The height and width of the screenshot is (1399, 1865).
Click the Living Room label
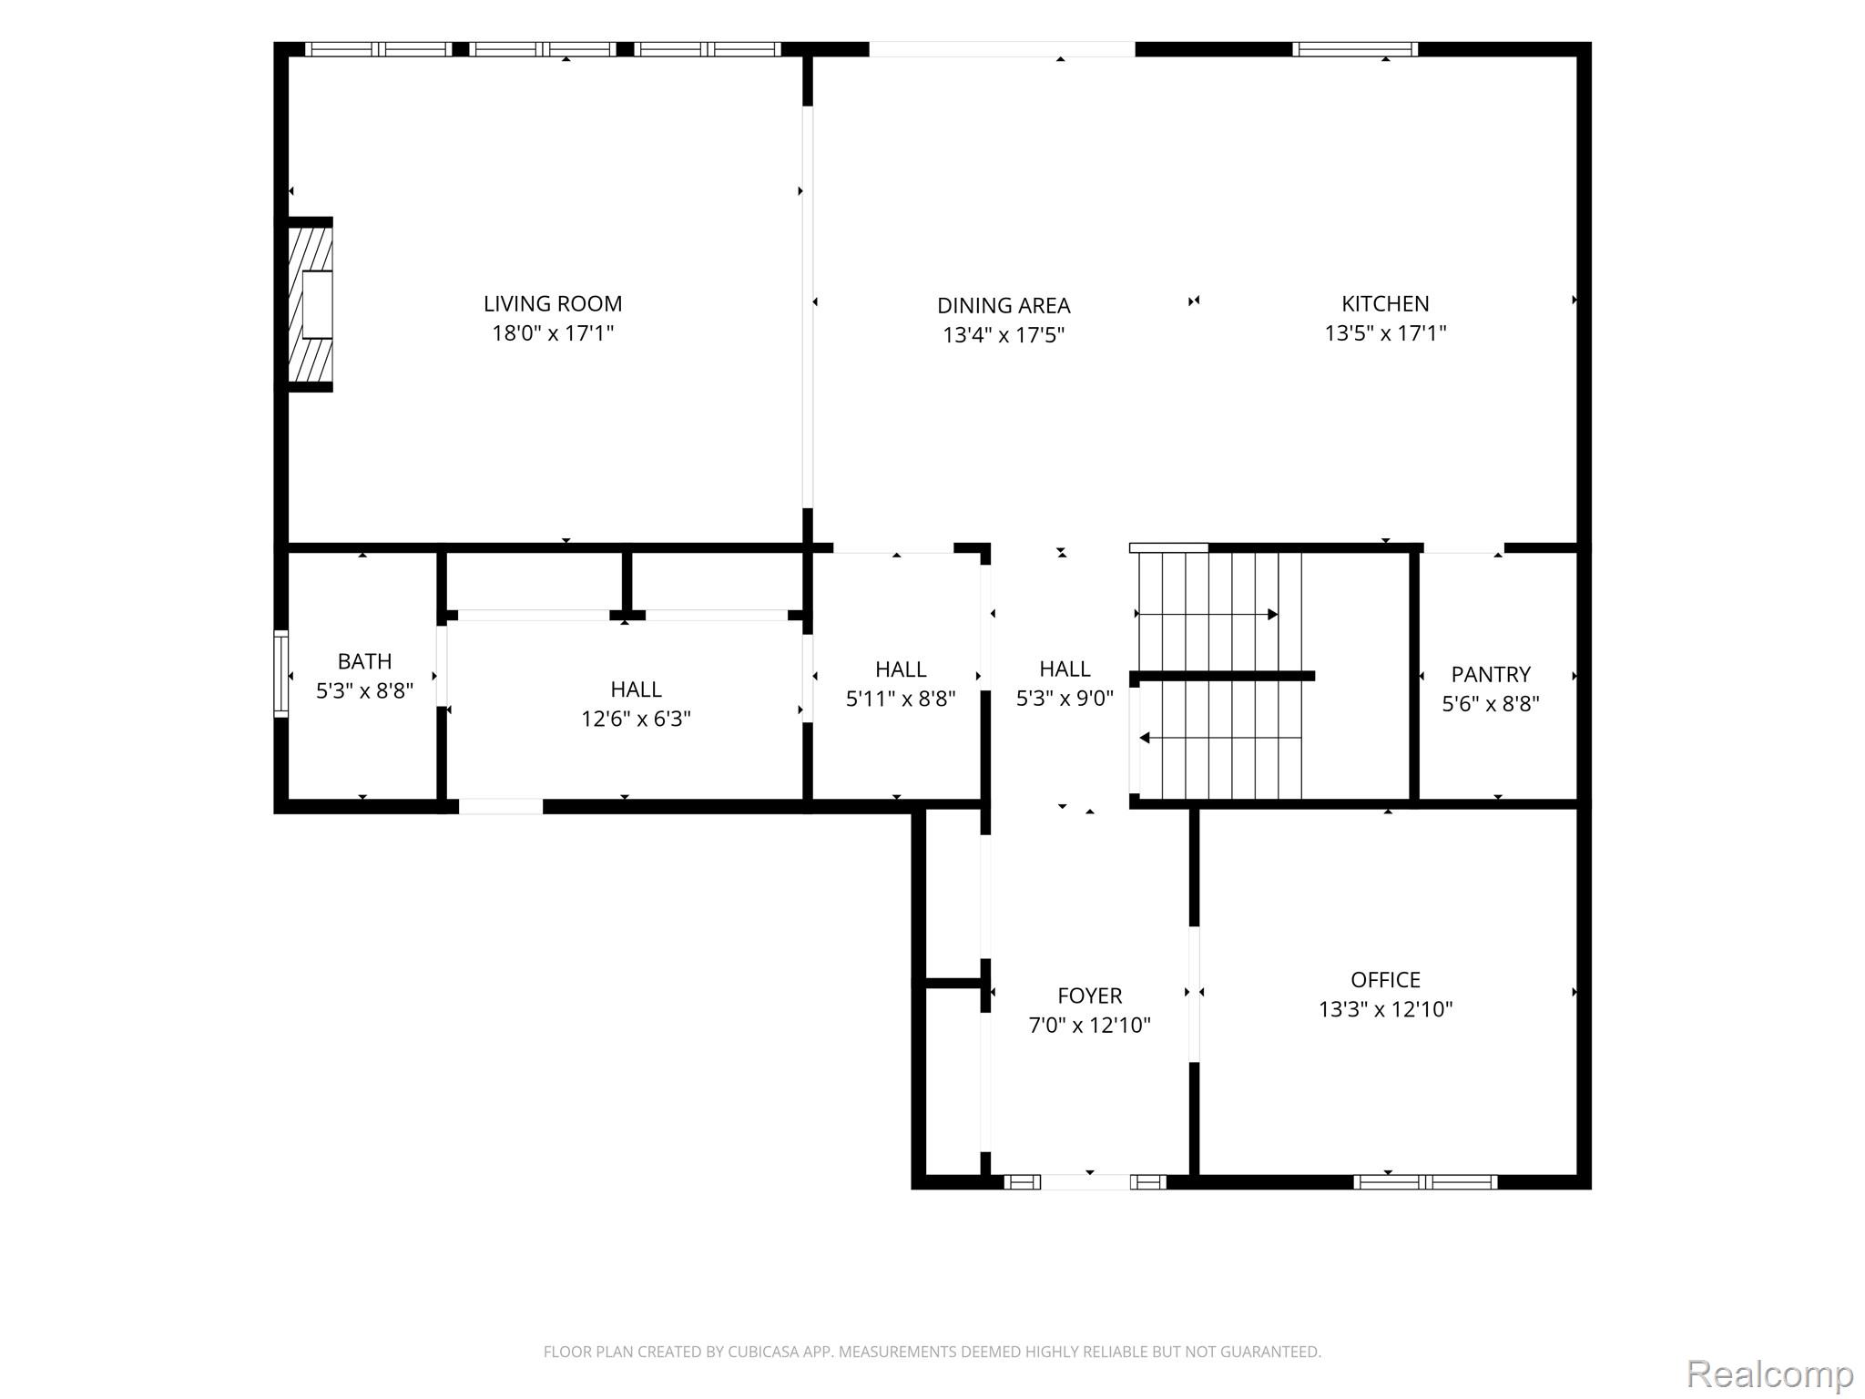click(553, 303)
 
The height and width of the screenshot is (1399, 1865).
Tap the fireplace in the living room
click(310, 304)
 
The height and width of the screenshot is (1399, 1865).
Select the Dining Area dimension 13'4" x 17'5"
click(1004, 335)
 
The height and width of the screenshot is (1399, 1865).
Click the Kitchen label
click(1385, 303)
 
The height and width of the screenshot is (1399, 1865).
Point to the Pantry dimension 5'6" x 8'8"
click(1491, 703)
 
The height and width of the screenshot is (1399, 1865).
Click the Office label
click(1385, 979)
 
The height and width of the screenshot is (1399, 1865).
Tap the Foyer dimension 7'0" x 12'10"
click(1089, 1025)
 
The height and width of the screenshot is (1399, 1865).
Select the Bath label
click(364, 661)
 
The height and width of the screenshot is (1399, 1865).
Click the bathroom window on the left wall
click(281, 674)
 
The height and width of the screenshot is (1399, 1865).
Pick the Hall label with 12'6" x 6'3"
click(636, 689)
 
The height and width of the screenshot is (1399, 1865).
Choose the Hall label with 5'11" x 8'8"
click(901, 669)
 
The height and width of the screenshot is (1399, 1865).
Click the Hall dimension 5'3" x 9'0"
click(1065, 698)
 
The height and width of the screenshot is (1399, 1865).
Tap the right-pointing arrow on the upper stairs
click(1208, 615)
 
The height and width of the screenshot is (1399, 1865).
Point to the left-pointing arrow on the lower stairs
click(1220, 738)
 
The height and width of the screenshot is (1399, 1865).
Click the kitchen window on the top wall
click(1355, 49)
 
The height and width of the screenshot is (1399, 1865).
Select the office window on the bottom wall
click(1425, 1182)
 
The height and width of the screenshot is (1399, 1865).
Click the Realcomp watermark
click(1769, 1374)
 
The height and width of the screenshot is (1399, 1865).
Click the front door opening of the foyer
click(1085, 1182)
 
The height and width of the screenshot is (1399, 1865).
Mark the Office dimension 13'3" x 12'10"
click(1385, 1009)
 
